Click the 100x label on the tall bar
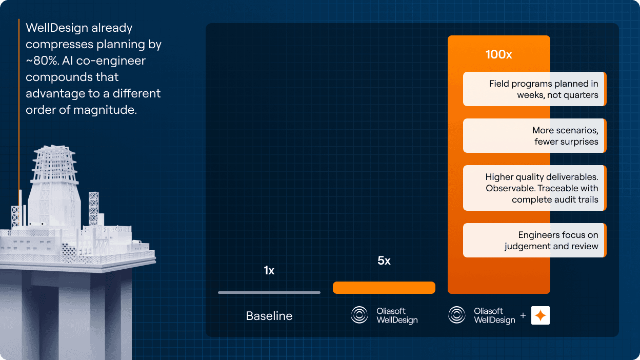click(498, 54)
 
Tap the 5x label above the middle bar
click(384, 261)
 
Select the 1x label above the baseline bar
click(269, 270)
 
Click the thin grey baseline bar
click(269, 292)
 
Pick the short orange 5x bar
click(384, 287)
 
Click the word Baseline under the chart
click(269, 316)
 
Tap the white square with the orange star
click(541, 315)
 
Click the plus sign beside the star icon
click(523, 315)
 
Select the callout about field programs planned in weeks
click(534, 89)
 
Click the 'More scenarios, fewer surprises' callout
click(534, 136)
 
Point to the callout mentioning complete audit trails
click(534, 188)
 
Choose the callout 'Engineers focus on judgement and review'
click(534, 241)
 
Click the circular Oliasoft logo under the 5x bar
click(359, 315)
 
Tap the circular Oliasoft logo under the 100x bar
click(456, 315)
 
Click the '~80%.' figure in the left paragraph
click(43, 61)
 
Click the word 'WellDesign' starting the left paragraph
click(57, 28)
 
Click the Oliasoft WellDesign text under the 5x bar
click(397, 315)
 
